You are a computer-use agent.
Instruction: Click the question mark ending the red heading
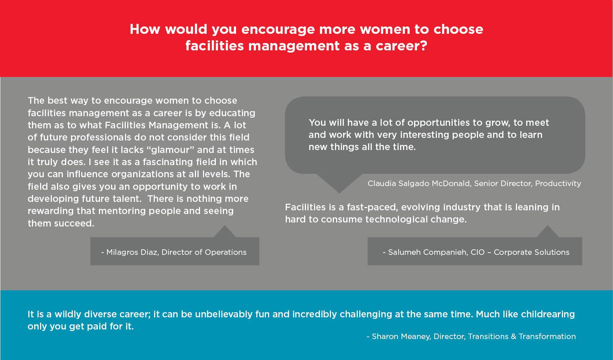[x=423, y=45]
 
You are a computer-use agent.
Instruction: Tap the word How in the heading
[x=145, y=29]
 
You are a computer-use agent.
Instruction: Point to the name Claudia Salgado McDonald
[x=419, y=183]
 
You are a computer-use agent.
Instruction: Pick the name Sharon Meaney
[x=402, y=336]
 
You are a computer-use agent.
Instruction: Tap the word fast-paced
[x=372, y=207]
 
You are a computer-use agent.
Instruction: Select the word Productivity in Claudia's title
[x=558, y=183]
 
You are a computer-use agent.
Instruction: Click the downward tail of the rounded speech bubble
[x=339, y=183]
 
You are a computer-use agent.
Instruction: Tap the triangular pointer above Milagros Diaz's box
[x=225, y=231]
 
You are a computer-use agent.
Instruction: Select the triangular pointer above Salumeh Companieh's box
[x=548, y=231]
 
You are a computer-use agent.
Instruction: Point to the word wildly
[x=68, y=314]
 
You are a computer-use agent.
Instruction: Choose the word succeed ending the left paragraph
[x=74, y=223]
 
